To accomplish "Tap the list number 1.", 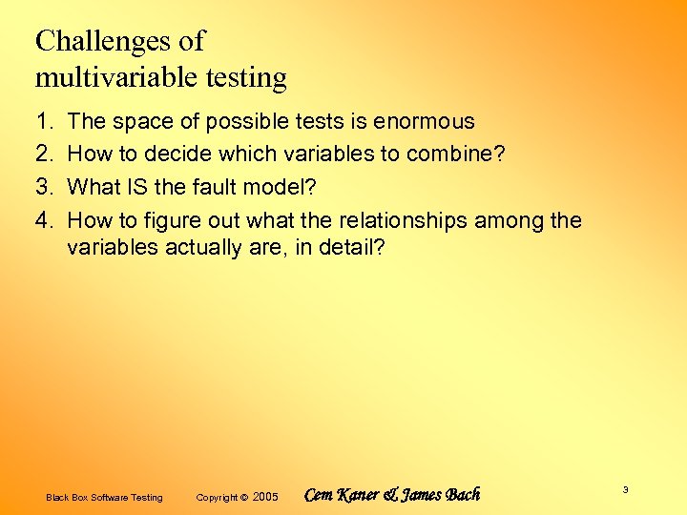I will point(42,121).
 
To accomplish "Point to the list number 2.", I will point(42,154).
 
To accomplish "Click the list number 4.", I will point(42,221).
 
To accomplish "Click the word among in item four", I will point(510,221).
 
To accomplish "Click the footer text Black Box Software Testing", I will point(104,497).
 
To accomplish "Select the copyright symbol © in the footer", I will point(243,497).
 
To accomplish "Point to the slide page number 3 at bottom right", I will point(625,489).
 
